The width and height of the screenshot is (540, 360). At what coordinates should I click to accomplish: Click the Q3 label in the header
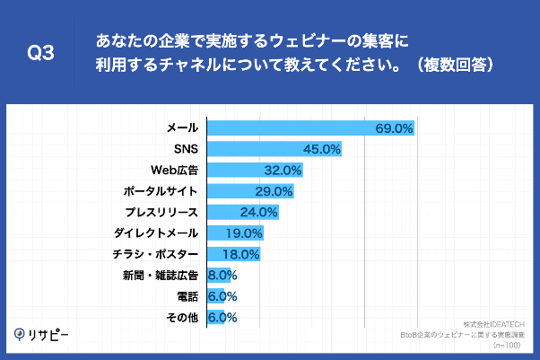[41, 54]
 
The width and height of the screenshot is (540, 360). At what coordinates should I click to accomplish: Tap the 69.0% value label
[393, 128]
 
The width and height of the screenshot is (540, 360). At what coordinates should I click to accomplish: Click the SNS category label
[186, 149]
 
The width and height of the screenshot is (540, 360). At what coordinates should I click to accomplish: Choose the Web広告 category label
[175, 170]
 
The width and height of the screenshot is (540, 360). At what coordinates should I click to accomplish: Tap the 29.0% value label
[274, 191]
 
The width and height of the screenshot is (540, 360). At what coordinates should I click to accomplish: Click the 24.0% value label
[259, 213]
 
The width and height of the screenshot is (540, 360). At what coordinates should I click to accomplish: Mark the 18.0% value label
[241, 255]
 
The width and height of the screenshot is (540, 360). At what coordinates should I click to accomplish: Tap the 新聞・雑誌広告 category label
[161, 276]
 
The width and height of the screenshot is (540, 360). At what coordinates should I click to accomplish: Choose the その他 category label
[183, 318]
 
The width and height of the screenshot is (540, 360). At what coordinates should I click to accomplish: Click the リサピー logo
[42, 334]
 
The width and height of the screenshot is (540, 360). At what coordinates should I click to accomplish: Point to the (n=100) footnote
[509, 344]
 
